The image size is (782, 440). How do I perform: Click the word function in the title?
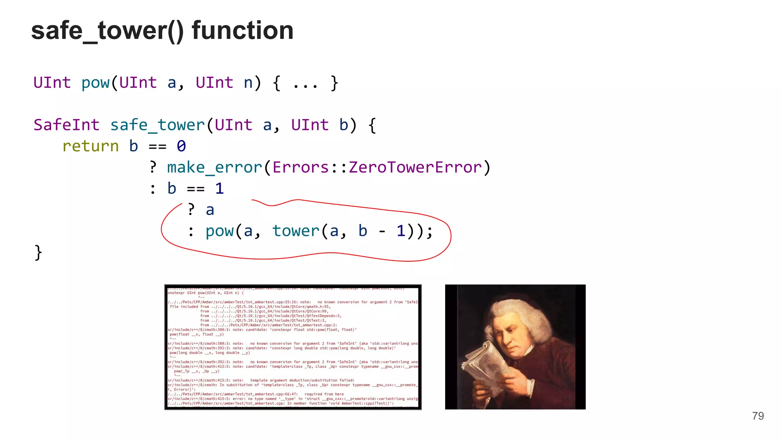pyautogui.click(x=242, y=31)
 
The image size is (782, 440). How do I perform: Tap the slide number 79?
pyautogui.click(x=758, y=416)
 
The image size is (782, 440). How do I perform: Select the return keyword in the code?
pyautogui.click(x=90, y=146)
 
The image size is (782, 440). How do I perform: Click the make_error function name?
pyautogui.click(x=215, y=168)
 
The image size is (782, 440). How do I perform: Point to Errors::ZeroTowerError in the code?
pyautogui.click(x=377, y=168)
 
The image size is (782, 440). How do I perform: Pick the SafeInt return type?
pyautogui.click(x=66, y=125)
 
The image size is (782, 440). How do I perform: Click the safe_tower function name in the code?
pyautogui.click(x=157, y=125)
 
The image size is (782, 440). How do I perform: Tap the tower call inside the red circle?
pyautogui.click(x=296, y=231)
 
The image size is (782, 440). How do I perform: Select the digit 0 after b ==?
pyautogui.click(x=181, y=146)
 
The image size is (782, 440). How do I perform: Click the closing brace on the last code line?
pyautogui.click(x=38, y=252)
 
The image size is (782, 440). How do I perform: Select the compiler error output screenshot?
pyautogui.click(x=293, y=347)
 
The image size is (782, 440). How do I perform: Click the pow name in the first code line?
pyautogui.click(x=95, y=83)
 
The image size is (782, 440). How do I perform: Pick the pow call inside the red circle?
pyautogui.click(x=220, y=231)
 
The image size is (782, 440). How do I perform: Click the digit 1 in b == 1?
pyautogui.click(x=219, y=189)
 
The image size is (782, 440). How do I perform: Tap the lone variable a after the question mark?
pyautogui.click(x=210, y=210)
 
